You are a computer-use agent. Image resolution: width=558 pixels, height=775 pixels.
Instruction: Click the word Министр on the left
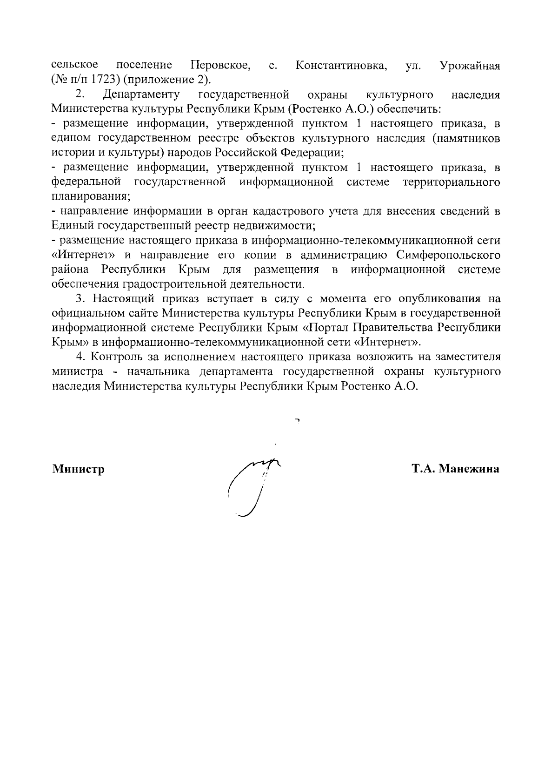[x=78, y=469]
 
